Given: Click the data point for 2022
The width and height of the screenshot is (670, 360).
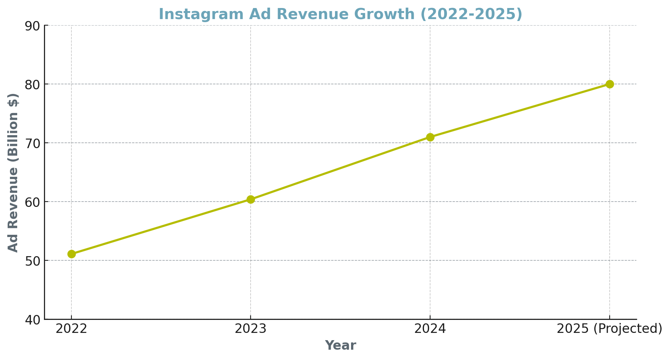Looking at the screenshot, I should tap(71, 254).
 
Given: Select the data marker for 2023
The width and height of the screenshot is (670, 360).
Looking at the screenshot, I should tap(251, 199).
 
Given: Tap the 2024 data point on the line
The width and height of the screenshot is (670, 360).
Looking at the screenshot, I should tap(430, 137).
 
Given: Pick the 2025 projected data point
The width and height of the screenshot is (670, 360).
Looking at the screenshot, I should tap(610, 84).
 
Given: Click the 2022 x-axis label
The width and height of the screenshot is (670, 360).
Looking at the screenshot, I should tap(71, 329).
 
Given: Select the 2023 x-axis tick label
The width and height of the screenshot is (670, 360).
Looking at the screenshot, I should tap(251, 329).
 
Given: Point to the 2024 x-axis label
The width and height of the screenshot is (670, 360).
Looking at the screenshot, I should tap(430, 329).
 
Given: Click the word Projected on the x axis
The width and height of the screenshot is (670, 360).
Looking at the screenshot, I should tap(626, 329).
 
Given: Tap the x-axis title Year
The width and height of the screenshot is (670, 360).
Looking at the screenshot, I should tap(340, 345).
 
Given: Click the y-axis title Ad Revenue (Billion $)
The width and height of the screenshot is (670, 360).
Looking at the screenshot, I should tap(13, 173).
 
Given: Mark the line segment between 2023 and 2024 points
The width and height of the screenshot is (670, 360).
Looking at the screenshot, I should tap(340, 168).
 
